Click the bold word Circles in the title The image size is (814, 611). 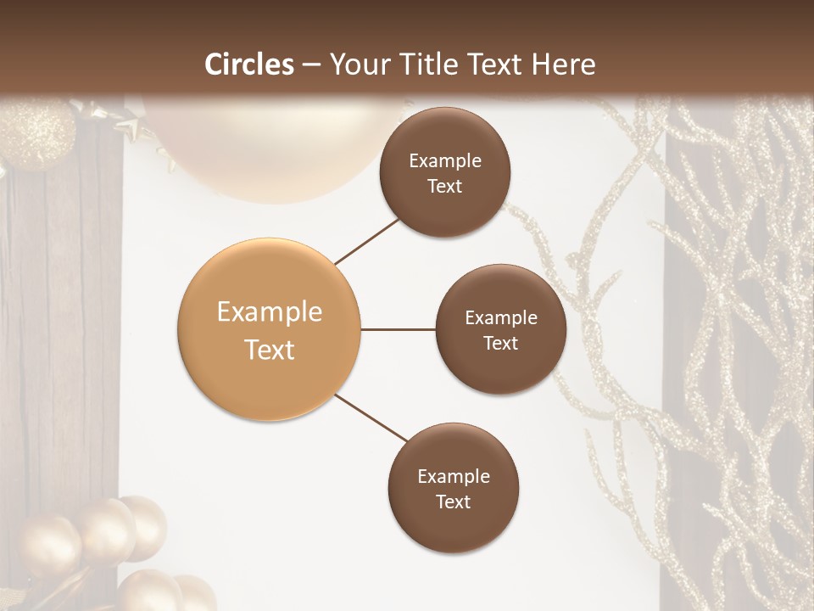coord(249,64)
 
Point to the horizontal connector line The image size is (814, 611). coord(399,329)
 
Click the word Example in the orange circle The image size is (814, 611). coord(269,312)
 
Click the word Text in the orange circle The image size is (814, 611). coord(269,350)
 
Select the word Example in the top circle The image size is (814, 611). coord(444,161)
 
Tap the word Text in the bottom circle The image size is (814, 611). coord(453,502)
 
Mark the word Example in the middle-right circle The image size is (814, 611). coord(500,318)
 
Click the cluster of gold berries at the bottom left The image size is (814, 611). coord(93,543)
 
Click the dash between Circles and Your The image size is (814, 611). coord(311,65)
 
